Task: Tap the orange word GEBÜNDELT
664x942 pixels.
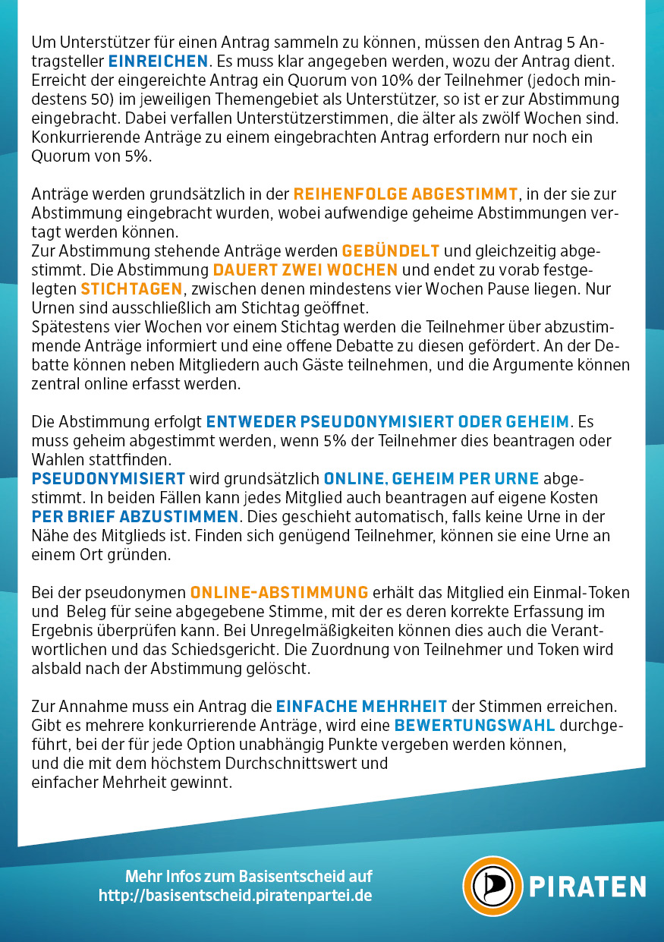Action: point(389,250)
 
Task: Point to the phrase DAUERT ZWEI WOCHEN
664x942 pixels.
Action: point(305,270)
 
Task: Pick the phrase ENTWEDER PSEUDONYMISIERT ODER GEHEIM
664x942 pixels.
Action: point(388,421)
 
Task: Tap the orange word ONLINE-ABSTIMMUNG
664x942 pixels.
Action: point(279,592)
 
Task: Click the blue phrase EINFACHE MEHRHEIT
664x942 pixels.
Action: point(361,706)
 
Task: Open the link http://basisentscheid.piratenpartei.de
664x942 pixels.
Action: point(235,896)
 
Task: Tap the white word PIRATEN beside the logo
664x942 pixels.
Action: point(587,887)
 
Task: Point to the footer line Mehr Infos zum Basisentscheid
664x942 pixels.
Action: point(249,876)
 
